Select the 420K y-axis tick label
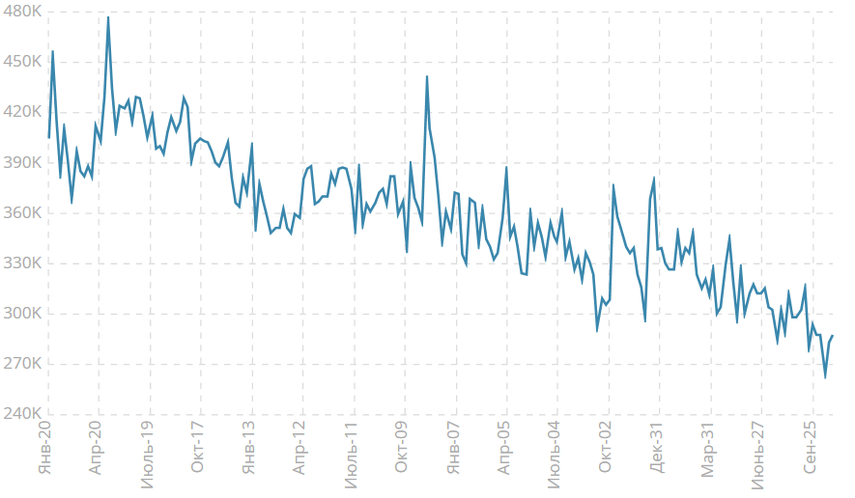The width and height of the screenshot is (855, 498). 22,112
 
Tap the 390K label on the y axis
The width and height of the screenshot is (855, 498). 22,162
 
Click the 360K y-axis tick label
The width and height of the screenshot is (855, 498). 22,213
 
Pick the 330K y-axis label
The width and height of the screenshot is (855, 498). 22,263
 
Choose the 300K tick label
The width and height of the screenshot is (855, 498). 22,314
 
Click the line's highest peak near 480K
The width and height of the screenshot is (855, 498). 108,17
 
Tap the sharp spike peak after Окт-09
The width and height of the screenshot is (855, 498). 427,76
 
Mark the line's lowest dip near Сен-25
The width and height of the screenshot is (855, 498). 825,377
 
